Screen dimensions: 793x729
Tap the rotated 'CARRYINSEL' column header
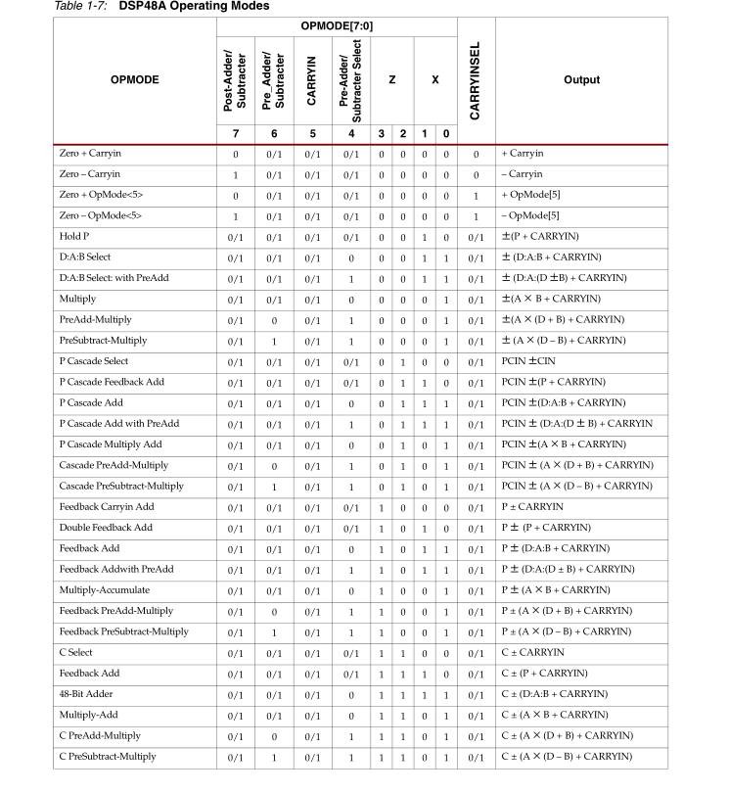point(476,80)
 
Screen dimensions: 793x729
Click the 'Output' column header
point(582,80)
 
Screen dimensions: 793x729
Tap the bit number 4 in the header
point(349,132)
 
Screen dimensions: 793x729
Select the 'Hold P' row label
point(74,236)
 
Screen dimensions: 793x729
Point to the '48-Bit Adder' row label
point(83,693)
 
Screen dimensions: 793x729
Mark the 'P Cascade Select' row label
point(95,360)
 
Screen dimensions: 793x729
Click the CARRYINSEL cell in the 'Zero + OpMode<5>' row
point(476,195)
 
